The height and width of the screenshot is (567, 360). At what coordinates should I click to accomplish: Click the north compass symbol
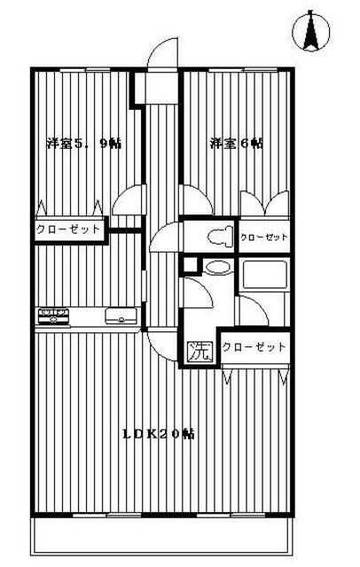311,31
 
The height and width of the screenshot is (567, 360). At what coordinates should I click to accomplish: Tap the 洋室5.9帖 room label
84,144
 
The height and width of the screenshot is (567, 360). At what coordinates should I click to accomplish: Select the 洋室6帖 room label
237,144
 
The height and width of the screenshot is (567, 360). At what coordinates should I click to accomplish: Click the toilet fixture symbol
220,237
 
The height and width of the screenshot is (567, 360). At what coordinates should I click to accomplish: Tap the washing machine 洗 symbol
199,352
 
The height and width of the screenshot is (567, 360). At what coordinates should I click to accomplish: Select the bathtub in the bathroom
265,275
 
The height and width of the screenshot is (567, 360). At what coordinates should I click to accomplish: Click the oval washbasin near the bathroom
216,268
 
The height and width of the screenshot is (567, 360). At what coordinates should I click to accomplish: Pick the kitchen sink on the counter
121,315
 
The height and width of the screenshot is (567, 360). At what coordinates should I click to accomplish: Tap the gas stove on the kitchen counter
54,315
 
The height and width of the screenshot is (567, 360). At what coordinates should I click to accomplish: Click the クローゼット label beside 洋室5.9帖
67,229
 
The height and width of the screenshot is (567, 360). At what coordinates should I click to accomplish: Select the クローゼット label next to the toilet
263,237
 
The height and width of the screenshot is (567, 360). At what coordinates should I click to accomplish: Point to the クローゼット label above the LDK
254,347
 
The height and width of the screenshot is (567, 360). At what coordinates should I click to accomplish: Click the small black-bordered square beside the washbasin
191,266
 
